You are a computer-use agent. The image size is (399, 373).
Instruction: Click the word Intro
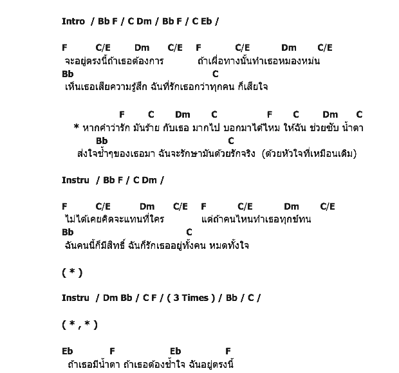73,21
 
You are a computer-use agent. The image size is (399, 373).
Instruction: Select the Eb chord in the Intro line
207,21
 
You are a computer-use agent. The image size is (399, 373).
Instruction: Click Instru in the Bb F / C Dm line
75,180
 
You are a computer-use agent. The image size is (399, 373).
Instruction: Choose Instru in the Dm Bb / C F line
75,298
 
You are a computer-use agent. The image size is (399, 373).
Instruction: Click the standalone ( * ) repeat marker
72,272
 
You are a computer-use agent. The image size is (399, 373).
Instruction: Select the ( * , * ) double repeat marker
80,325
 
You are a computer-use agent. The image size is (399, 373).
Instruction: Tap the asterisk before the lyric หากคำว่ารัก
77,127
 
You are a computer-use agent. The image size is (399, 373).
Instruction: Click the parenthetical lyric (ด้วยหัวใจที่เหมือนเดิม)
310,154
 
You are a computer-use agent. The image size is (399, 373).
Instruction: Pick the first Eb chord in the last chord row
68,351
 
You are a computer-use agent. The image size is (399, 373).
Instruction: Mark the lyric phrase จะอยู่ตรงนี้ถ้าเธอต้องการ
114,61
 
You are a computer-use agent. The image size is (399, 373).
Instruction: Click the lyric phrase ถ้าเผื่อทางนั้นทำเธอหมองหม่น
259,61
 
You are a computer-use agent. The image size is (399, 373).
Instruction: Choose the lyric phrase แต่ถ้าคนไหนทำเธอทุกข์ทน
256,219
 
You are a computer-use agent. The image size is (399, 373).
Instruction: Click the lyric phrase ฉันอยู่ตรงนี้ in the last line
212,365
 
